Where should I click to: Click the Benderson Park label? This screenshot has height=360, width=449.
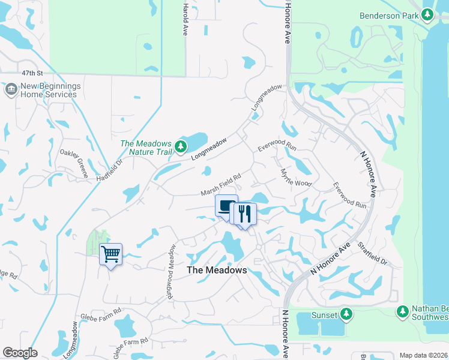(x=388, y=16)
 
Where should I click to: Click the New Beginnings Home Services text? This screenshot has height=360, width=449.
(x=49, y=90)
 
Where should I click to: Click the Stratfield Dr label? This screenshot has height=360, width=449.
(x=372, y=254)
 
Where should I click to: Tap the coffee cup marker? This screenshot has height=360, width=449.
(x=226, y=206)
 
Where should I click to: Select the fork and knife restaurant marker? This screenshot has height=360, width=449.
(x=244, y=214)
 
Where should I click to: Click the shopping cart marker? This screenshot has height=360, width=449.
(x=110, y=254)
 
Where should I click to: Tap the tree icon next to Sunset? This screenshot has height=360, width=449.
(x=346, y=314)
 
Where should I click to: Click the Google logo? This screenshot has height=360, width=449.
(x=20, y=353)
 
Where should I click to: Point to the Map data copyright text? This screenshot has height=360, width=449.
(x=423, y=355)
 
